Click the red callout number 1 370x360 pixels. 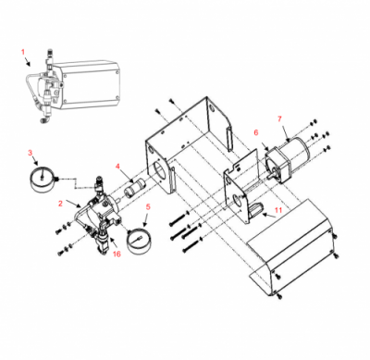click(x=23, y=52)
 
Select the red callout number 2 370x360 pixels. click(x=60, y=204)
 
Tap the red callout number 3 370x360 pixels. click(x=30, y=153)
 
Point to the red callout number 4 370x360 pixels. click(x=117, y=167)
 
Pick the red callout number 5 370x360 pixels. click(x=148, y=206)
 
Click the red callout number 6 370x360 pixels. click(x=256, y=132)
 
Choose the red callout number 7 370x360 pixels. click(x=279, y=118)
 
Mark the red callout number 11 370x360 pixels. click(x=278, y=210)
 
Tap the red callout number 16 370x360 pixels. click(x=117, y=254)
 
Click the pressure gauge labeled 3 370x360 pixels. click(x=43, y=180)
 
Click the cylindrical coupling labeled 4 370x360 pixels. click(x=134, y=188)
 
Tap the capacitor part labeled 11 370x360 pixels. click(x=255, y=209)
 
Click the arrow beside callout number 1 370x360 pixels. click(x=28, y=61)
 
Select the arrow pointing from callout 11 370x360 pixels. click(x=269, y=216)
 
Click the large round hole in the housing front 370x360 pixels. click(x=160, y=170)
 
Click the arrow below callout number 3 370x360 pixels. click(x=36, y=160)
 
